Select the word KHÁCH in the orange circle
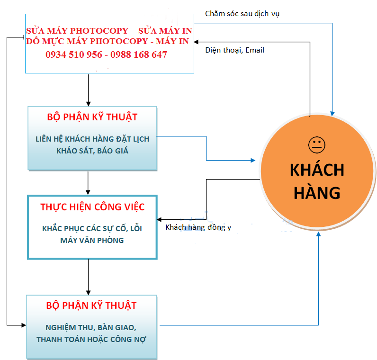click(317, 170)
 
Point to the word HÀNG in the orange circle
click(317, 192)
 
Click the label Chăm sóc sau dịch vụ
click(242, 13)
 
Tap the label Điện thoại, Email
click(234, 50)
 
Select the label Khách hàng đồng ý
click(198, 227)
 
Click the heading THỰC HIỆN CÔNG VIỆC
click(92, 207)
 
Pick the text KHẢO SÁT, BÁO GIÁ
click(92, 151)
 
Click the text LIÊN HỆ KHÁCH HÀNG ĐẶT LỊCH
click(92, 139)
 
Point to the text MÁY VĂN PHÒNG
click(92, 240)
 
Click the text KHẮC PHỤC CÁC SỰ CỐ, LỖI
click(92, 228)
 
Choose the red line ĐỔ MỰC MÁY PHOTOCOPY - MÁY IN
click(107, 42)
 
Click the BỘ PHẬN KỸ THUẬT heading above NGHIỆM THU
click(91, 306)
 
